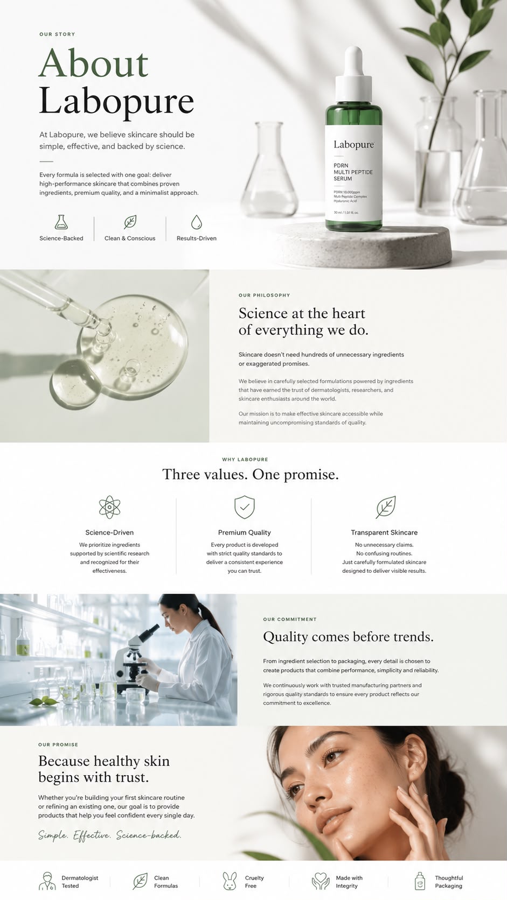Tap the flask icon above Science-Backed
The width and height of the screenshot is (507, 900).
tap(61, 222)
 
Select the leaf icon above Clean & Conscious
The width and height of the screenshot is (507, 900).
tap(130, 222)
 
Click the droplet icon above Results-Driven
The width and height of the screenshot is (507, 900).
tap(196, 222)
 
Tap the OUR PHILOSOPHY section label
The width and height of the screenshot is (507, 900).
tap(264, 296)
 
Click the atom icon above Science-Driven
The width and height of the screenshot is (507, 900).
tap(109, 507)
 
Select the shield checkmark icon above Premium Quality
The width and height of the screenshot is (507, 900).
tap(245, 507)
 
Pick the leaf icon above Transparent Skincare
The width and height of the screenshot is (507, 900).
tap(386, 507)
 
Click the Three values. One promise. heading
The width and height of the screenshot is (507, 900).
tap(251, 475)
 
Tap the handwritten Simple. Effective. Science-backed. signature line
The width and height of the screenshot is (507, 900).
tap(110, 835)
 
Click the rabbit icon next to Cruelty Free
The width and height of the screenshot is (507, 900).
tap(230, 881)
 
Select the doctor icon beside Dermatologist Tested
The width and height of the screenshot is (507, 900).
tap(47, 881)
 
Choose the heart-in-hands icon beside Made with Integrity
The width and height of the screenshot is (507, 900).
tap(321, 881)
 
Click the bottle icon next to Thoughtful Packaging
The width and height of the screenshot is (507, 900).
tap(420, 881)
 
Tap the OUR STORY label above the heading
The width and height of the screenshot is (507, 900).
tap(57, 34)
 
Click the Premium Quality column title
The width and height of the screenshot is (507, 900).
tap(245, 532)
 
